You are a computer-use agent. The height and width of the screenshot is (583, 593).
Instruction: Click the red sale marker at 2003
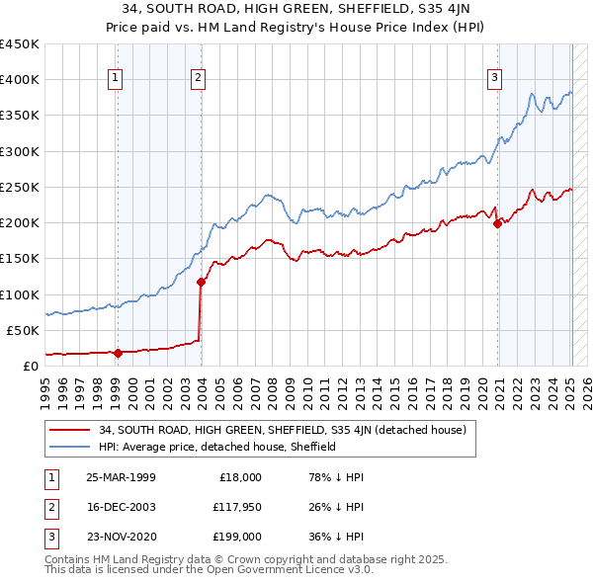coord(201,282)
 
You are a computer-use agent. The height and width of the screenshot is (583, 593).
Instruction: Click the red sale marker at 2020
coord(497,223)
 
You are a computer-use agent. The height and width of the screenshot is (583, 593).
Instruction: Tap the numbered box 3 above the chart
coord(494,79)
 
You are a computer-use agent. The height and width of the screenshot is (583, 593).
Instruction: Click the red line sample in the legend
coord(69,430)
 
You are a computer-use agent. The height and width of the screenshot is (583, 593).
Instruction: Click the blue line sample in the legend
coord(69,447)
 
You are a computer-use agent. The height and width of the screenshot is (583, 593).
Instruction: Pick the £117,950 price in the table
coord(236,507)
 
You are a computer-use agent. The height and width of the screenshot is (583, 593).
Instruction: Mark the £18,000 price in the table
coord(240,477)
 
